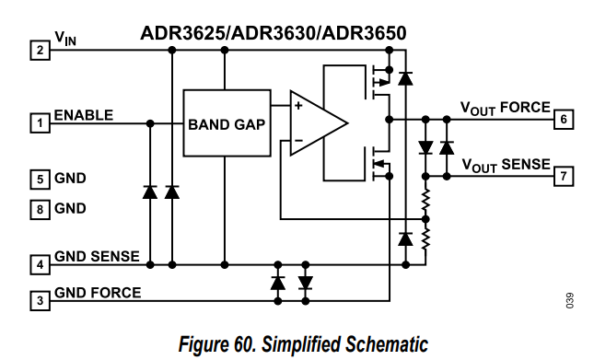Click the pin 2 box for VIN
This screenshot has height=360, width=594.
click(41, 51)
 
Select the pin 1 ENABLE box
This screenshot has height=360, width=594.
click(41, 123)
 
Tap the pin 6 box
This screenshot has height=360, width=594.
click(564, 120)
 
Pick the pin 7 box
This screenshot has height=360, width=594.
click(564, 177)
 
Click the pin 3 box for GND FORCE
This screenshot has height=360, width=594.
click(41, 301)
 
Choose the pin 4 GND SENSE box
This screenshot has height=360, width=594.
click(41, 264)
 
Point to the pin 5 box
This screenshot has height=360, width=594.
click(41, 180)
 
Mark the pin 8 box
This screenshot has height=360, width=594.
click(41, 210)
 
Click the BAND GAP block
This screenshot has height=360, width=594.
click(227, 123)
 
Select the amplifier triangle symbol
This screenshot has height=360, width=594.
click(319, 123)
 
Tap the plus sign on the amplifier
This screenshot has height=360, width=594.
click(298, 105)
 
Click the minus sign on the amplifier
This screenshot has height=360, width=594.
click(298, 141)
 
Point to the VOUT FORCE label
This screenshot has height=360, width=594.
click(506, 109)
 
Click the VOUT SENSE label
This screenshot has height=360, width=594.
click(507, 166)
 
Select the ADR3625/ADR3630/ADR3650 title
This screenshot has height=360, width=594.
click(274, 33)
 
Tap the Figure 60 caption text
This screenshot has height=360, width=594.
click(303, 344)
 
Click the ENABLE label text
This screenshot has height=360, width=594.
click(84, 115)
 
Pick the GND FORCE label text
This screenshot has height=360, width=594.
click(98, 293)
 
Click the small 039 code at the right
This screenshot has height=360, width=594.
click(570, 300)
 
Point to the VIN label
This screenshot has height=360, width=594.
click(65, 39)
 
